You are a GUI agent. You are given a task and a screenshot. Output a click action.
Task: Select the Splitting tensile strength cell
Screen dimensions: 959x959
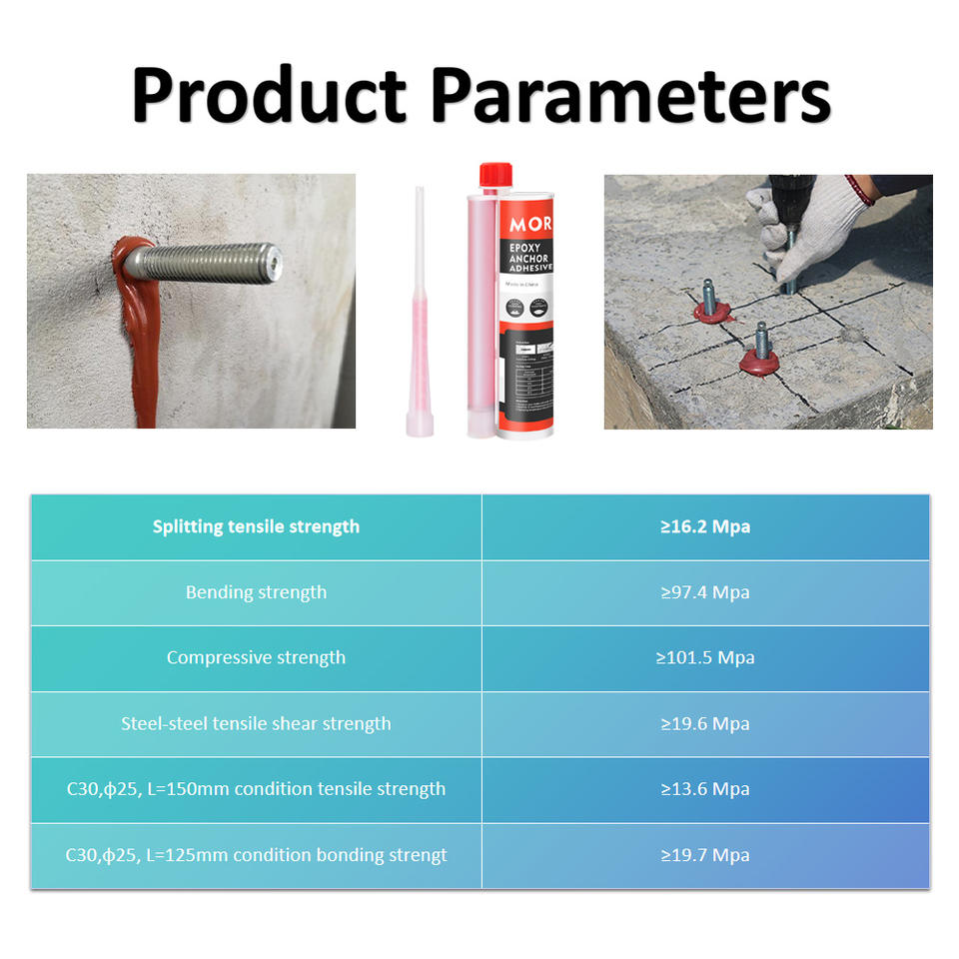click(x=256, y=526)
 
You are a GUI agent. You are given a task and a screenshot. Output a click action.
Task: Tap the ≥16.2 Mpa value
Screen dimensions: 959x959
click(x=705, y=526)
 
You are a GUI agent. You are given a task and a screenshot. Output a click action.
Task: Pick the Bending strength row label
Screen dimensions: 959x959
click(x=256, y=592)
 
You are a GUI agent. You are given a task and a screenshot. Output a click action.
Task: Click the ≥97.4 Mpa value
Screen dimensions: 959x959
click(x=705, y=592)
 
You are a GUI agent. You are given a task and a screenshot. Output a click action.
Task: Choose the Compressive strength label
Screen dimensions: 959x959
click(x=256, y=657)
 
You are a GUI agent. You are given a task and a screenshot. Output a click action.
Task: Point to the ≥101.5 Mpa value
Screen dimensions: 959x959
click(x=705, y=657)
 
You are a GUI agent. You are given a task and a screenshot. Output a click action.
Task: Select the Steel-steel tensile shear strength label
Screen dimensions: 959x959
click(x=256, y=723)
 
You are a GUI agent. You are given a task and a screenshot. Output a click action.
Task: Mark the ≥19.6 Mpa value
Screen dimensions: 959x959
click(x=705, y=723)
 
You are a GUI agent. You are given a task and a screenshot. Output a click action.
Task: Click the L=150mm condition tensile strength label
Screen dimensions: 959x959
click(x=256, y=789)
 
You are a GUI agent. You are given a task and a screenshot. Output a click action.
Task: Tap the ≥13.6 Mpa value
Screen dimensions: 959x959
click(x=705, y=789)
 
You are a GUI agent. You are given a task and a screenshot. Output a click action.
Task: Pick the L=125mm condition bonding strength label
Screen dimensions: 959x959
click(x=256, y=855)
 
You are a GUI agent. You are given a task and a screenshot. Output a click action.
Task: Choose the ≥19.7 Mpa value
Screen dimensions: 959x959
click(x=705, y=855)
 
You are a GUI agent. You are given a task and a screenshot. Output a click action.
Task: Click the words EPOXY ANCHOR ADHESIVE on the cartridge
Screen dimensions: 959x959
click(x=528, y=257)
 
